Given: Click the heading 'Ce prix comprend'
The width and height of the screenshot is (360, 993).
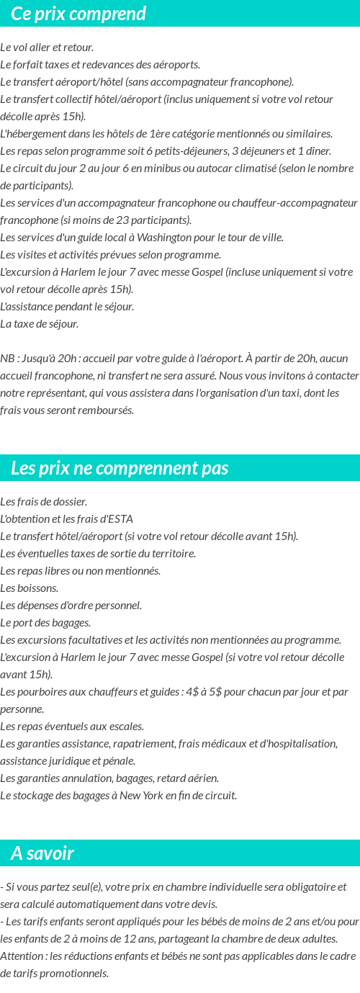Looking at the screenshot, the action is (x=78, y=14).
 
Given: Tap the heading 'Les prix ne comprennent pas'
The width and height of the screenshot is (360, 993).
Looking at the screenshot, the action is (x=120, y=468).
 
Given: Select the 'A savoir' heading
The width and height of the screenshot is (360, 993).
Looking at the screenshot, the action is (x=42, y=853).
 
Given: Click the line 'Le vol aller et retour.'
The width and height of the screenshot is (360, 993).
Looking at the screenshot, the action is (x=47, y=48).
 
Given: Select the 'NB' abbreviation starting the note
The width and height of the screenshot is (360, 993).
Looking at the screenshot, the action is (x=7, y=359).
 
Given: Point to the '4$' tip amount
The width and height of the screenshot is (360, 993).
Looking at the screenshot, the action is (x=190, y=692).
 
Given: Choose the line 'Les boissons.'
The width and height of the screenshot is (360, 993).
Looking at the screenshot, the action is (x=30, y=588).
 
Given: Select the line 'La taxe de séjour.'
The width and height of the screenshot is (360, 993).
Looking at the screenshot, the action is (x=40, y=324).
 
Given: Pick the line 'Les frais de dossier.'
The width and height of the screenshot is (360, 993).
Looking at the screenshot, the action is (x=44, y=502).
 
